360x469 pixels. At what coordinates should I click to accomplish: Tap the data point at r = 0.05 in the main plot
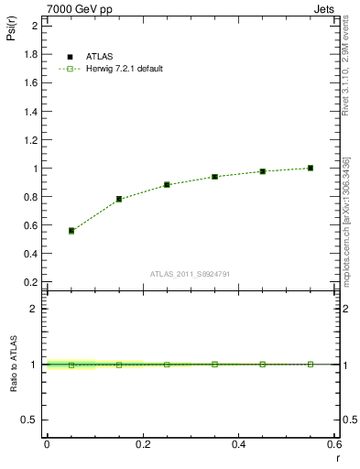click(x=71, y=231)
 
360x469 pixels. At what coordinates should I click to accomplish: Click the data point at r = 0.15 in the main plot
click(x=119, y=199)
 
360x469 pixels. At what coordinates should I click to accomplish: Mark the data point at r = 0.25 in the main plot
click(x=167, y=184)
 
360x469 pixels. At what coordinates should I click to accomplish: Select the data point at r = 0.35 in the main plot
click(x=214, y=177)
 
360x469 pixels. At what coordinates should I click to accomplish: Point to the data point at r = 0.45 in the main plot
click(x=262, y=171)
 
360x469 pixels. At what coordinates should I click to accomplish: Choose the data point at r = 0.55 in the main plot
click(x=311, y=168)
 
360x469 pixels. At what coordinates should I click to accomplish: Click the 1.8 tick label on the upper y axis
click(x=30, y=54)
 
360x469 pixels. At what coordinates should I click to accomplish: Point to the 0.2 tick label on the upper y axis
click(x=30, y=282)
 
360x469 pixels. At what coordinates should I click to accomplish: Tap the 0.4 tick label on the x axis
click(x=238, y=444)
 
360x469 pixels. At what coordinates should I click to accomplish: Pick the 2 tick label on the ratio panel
click(x=34, y=309)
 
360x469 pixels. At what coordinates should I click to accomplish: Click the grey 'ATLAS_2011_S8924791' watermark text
click(x=190, y=274)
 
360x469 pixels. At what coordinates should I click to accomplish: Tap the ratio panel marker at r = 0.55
click(x=311, y=364)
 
